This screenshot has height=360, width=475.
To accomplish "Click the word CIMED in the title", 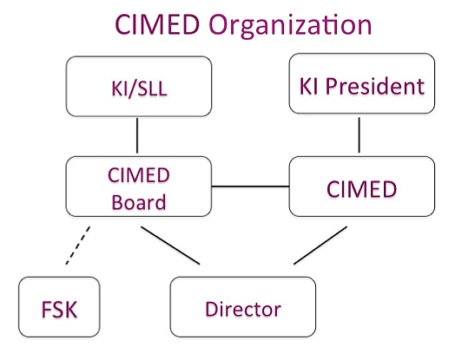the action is [157, 24].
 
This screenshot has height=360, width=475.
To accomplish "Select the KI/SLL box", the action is [139, 86].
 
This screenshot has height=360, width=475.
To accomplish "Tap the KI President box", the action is [362, 83].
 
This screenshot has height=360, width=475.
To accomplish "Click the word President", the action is [375, 86].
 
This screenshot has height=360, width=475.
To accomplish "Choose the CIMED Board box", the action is [139, 187].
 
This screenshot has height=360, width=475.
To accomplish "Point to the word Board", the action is [139, 202].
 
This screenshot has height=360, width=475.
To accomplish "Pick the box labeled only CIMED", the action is [362, 187].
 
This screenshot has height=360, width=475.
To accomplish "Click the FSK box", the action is [59, 307].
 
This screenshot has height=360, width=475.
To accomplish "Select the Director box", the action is [243, 307].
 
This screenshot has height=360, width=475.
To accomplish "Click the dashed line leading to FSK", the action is [78, 245].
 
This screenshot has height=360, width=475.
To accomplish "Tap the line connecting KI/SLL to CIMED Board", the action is [137, 135].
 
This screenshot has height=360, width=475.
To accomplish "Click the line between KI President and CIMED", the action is [360, 135].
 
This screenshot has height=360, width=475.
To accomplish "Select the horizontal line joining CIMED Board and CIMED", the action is [251, 187].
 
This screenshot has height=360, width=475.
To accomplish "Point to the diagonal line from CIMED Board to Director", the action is [170, 245].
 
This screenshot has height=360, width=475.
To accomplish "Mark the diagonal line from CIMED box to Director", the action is [320, 245].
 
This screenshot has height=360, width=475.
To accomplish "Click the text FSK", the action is [59, 309].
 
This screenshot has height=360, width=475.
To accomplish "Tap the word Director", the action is [243, 309].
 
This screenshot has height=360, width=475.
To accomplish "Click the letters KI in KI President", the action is [308, 86].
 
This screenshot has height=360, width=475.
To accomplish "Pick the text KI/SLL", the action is [139, 88].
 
